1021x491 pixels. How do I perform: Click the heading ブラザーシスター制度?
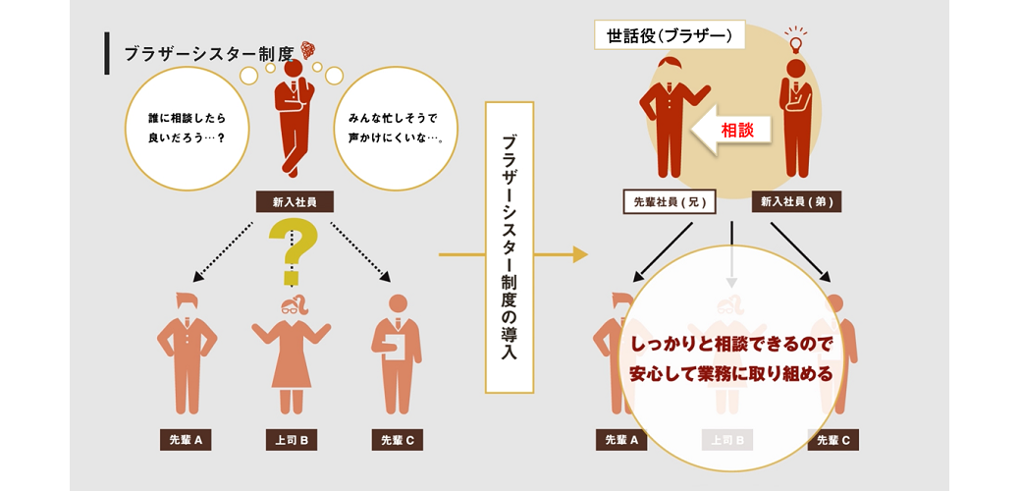(x=208, y=55)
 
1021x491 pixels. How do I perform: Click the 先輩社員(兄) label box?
(x=669, y=202)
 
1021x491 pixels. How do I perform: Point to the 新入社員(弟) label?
(x=796, y=202)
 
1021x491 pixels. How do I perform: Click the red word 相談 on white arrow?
(x=737, y=130)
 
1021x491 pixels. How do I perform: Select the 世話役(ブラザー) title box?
(x=670, y=36)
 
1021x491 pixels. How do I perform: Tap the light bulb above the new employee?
(x=796, y=40)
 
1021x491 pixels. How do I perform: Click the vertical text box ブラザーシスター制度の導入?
(x=510, y=247)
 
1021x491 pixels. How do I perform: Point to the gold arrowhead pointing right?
(x=579, y=255)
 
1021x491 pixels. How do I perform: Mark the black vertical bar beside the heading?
(x=107, y=54)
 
